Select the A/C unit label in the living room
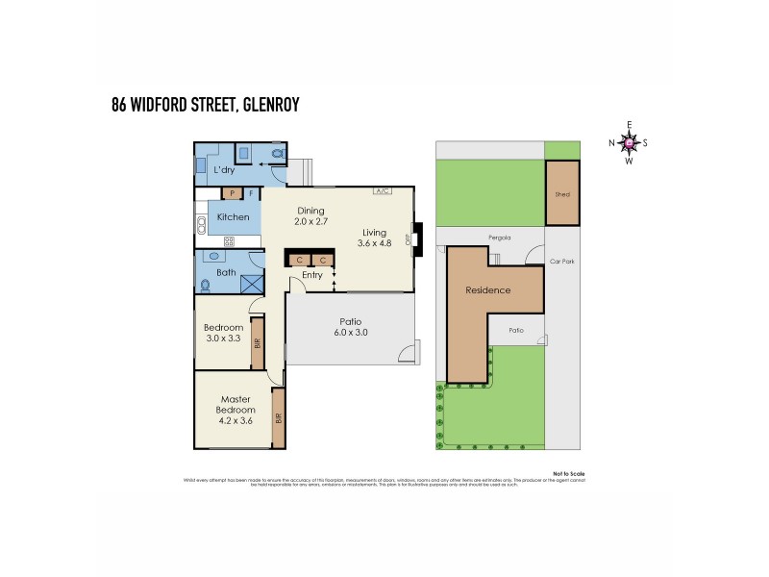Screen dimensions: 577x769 point(381,190)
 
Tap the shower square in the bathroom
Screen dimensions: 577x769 point(252,283)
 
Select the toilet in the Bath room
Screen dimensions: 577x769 point(206,284)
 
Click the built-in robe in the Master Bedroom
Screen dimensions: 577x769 point(278,418)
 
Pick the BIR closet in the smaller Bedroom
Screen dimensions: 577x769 point(257,341)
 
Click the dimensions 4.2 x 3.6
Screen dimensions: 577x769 point(236,419)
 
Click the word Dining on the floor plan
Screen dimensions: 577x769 point(310,211)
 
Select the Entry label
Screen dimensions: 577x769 point(311,275)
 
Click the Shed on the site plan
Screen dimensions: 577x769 point(562,193)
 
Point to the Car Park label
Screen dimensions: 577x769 point(560,261)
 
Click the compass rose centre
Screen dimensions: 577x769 point(630,143)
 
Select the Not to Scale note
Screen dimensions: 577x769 point(568,473)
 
